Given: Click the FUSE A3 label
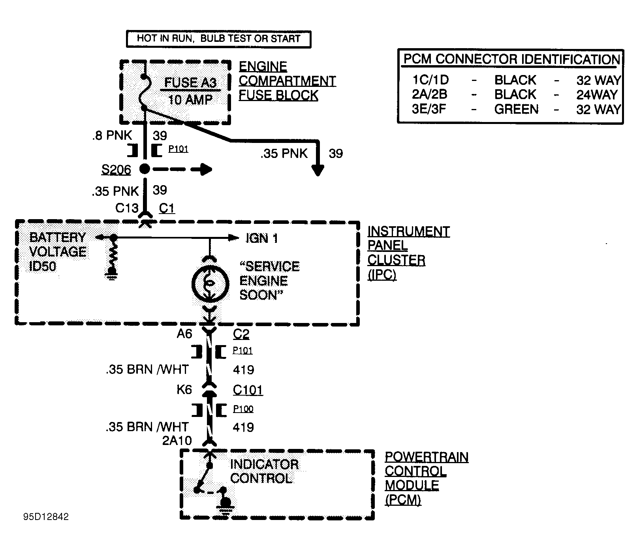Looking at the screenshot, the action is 190,83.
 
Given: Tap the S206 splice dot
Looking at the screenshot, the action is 145,169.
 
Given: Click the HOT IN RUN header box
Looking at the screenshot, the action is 218,39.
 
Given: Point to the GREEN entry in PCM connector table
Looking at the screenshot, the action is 516,109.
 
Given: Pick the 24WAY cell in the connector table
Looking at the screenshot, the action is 596,95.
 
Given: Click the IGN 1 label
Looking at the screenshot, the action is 261,238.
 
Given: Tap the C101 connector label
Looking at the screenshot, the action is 248,390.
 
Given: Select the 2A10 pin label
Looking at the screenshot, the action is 177,440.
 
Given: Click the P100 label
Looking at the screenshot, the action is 243,409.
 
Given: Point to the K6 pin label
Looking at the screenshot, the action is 184,390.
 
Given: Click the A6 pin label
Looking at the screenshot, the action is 184,334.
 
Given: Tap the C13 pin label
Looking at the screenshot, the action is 127,208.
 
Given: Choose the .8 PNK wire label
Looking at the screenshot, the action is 112,135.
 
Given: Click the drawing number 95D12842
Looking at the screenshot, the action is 46,517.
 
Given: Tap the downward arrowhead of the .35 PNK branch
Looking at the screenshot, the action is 318,170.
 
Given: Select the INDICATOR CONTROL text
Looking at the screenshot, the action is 264,471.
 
